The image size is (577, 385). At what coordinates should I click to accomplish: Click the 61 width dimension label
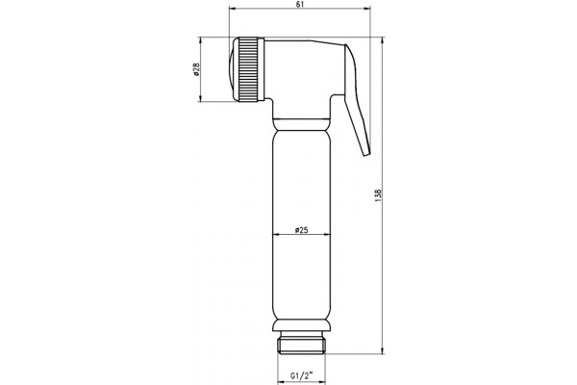[300, 4]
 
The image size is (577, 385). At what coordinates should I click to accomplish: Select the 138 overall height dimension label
[379, 194]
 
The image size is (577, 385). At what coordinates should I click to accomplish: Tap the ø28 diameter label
[196, 69]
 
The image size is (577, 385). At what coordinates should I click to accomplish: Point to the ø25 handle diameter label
[301, 230]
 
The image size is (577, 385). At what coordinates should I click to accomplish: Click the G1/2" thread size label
[301, 375]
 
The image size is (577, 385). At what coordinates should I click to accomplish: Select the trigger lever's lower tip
[366, 153]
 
